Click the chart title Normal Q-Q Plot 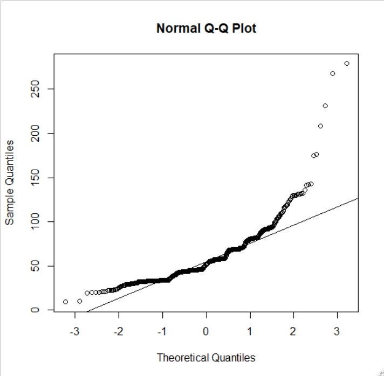(x=206, y=28)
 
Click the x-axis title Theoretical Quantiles (x=206, y=357)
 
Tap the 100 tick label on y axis (x=36, y=221)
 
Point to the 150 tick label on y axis (x=36, y=177)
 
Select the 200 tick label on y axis (x=36, y=133)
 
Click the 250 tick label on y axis (x=36, y=89)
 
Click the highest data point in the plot (x=347, y=64)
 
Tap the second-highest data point (x=333, y=73)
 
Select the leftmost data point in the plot (x=65, y=302)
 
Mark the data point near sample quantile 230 (x=325, y=106)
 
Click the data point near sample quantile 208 (x=320, y=126)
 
